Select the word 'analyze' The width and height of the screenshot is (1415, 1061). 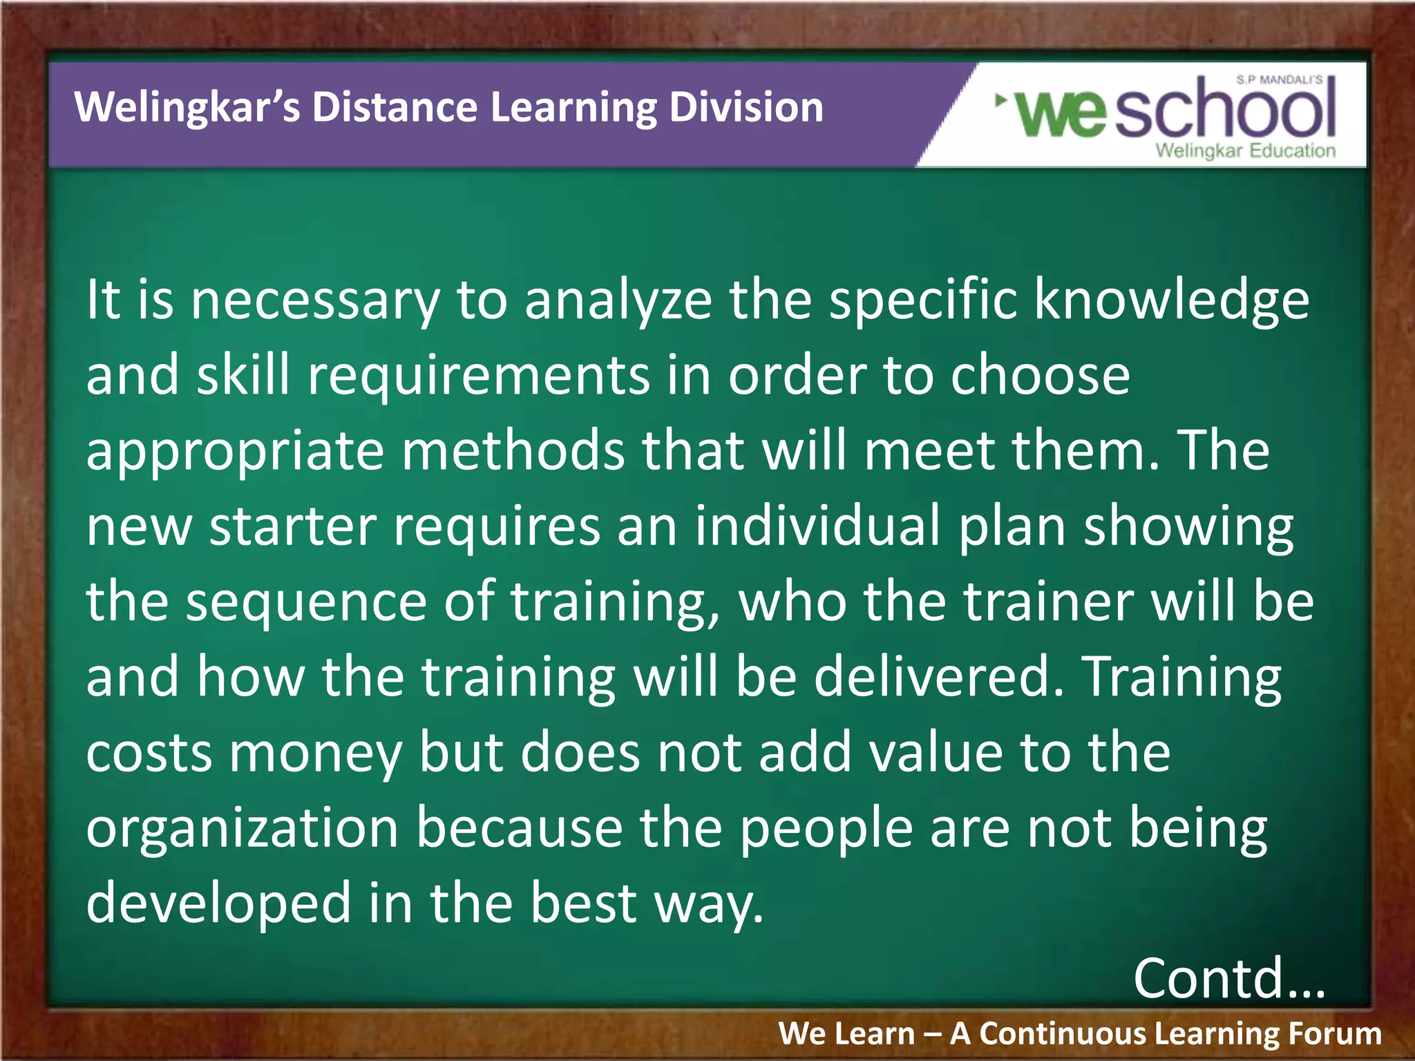point(618,301)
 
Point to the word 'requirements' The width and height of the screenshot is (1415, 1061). point(479,376)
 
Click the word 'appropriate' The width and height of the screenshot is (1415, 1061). point(235,452)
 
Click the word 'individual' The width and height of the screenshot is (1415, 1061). point(818,526)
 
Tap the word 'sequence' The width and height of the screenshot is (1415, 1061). point(307,602)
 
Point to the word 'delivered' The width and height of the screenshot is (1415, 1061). point(938,677)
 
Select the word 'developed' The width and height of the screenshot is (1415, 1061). point(218,904)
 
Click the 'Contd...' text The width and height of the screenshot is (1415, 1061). point(1228,978)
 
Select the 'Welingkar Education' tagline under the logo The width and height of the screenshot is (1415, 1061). point(1245,151)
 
